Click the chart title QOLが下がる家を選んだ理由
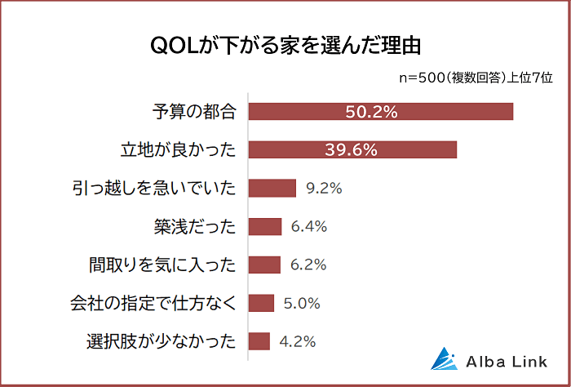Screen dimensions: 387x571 [285, 45]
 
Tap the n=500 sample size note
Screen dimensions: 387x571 [475, 78]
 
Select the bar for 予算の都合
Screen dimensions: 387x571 [380, 112]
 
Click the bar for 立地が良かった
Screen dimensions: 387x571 [352, 150]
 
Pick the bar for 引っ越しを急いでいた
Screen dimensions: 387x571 [272, 189]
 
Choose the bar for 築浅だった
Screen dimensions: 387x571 [264, 227]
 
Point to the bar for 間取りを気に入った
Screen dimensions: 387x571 [263, 265]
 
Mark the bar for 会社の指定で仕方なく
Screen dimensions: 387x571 [261, 303]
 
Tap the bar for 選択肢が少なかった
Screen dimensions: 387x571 [259, 341]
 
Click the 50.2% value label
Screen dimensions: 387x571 [371, 112]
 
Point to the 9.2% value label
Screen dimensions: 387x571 [324, 189]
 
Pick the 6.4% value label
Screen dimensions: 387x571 [309, 227]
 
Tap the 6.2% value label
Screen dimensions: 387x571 [308, 265]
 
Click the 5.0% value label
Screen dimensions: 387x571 [302, 303]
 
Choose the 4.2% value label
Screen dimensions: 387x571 [297, 341]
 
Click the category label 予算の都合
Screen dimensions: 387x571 [194, 112]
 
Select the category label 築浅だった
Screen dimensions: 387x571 [194, 227]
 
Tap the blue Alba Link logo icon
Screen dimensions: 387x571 [445, 359]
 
